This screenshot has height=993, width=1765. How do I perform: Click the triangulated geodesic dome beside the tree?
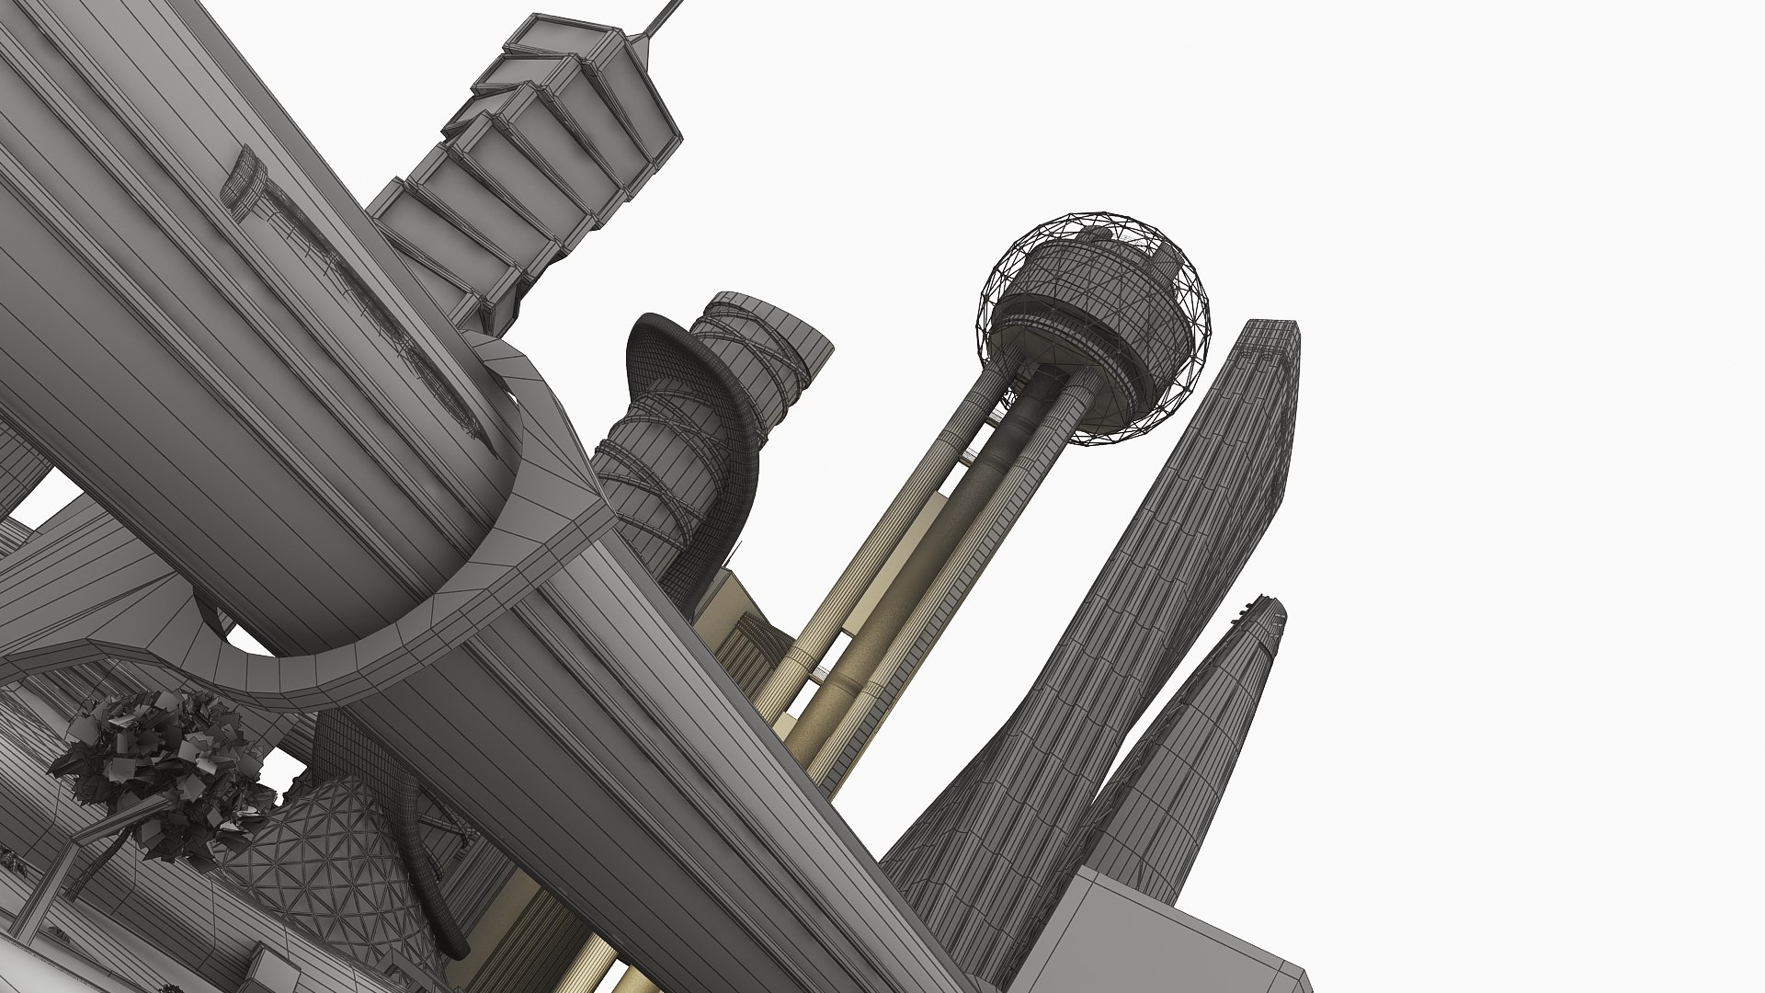point(322,855)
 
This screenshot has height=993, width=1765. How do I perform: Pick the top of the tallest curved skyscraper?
point(1273,336)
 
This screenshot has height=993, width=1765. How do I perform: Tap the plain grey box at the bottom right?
point(1158,938)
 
